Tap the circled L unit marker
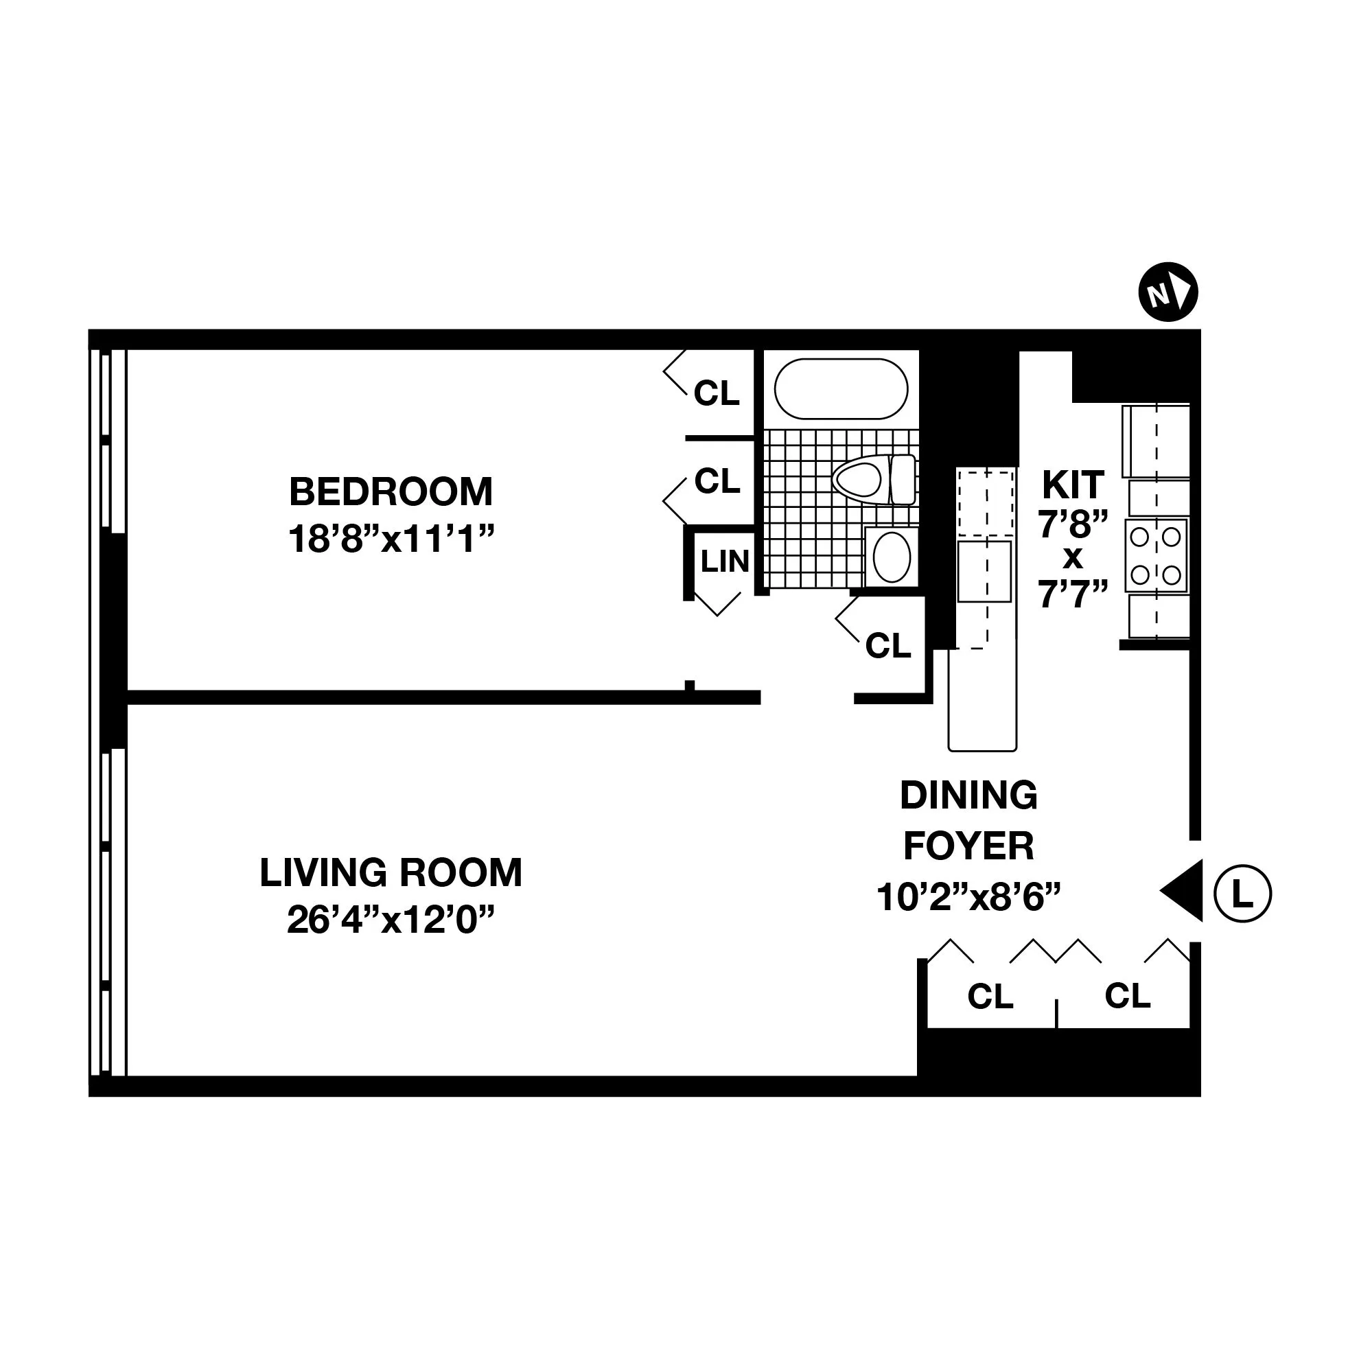[x=1243, y=895]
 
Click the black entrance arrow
[x=1185, y=890]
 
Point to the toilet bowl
[x=857, y=479]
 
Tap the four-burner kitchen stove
[x=1156, y=556]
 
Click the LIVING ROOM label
[x=391, y=872]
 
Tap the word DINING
[x=968, y=795]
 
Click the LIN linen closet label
[x=725, y=561]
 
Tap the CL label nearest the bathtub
[x=717, y=393]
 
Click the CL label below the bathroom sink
[x=887, y=645]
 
